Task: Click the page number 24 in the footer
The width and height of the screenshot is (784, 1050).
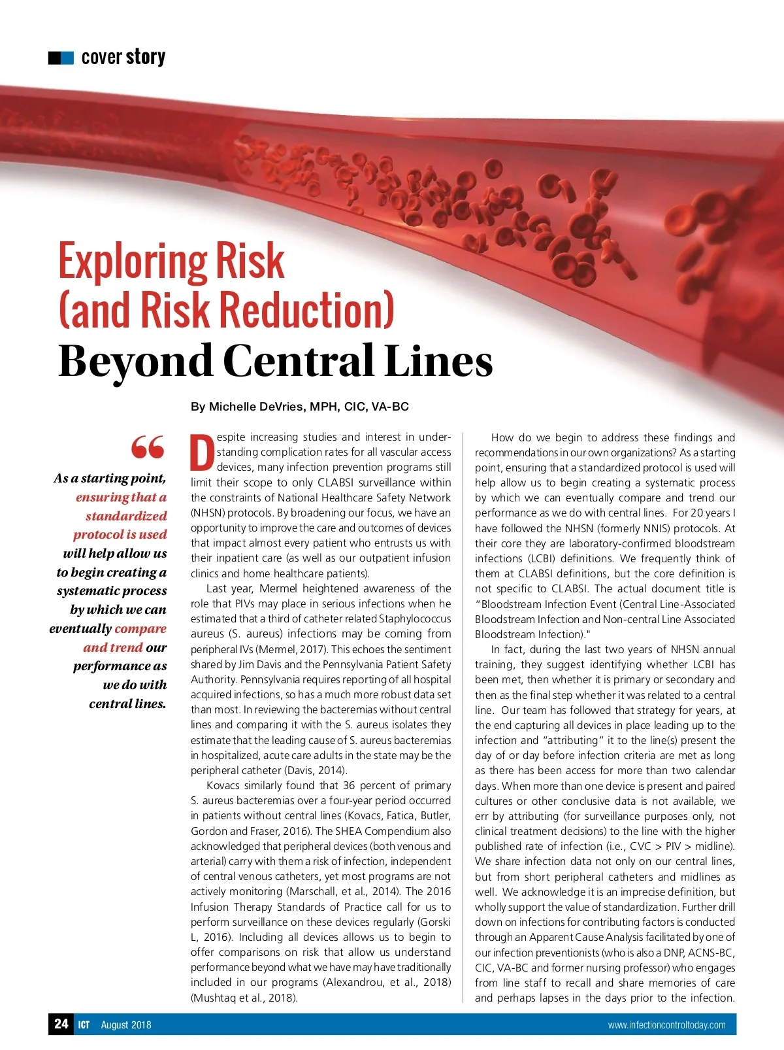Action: click(x=61, y=1023)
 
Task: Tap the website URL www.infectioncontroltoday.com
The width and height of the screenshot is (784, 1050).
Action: click(x=666, y=1025)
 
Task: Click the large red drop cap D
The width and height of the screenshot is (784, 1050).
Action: click(x=202, y=452)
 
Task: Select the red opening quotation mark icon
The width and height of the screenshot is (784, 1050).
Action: click(x=148, y=447)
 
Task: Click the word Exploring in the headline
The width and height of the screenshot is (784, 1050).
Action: click(x=135, y=261)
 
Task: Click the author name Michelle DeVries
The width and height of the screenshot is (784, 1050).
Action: click(x=256, y=407)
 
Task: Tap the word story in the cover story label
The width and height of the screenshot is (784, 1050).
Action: click(x=146, y=58)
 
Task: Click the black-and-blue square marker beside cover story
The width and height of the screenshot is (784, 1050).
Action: click(x=61, y=58)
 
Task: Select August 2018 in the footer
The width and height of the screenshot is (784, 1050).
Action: click(x=125, y=1025)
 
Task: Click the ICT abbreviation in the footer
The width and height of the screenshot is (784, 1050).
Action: click(x=84, y=1025)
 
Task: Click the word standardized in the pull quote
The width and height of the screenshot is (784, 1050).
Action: click(x=126, y=516)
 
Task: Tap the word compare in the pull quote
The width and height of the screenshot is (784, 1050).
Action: click(x=140, y=628)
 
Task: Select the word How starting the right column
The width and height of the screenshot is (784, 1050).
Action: click(x=502, y=437)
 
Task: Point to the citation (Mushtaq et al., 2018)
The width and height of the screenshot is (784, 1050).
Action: click(x=244, y=998)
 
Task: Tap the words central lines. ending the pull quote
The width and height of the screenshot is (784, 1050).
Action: click(x=127, y=703)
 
